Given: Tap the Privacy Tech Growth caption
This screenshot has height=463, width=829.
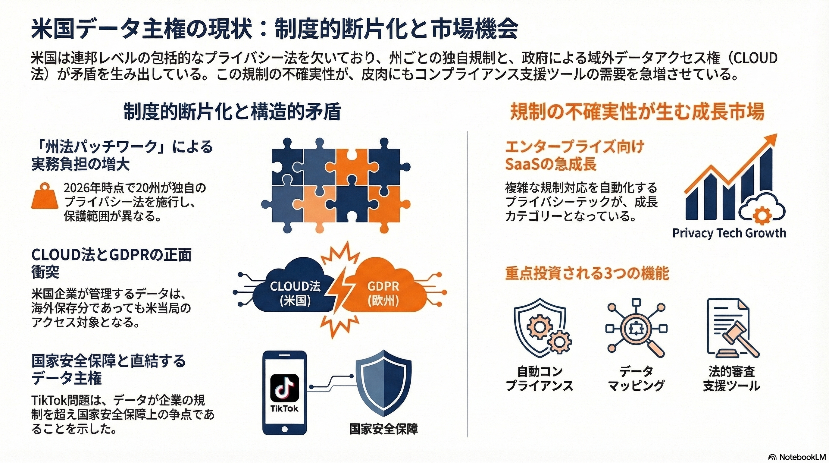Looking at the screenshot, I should pos(729,233).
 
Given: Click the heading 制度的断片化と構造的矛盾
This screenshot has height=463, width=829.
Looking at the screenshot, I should pos(232,112).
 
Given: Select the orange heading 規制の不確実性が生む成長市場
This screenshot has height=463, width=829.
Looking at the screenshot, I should pos(637,112).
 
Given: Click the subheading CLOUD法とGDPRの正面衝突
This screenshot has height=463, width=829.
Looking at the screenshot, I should pos(111,263).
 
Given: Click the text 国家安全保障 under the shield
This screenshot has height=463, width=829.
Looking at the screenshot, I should pos(383,429).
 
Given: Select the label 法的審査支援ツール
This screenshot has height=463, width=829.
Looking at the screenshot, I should pos(731,378).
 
